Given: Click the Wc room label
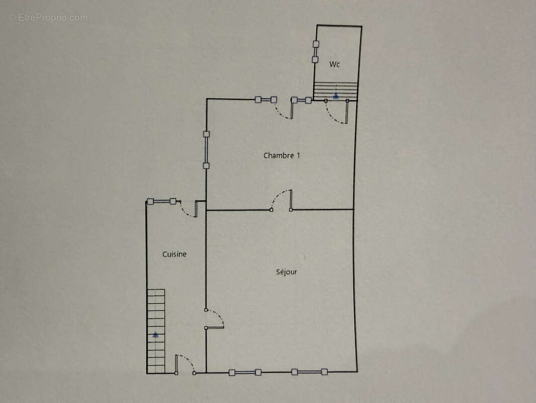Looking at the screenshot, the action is [x=334, y=64].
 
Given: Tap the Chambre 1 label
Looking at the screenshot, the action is [x=282, y=156].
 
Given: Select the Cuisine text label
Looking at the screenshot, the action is [x=174, y=254].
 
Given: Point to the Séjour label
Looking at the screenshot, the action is [x=287, y=272].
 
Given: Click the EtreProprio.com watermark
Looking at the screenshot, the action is [x=48, y=18].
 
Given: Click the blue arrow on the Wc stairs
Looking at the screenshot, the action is [x=336, y=96].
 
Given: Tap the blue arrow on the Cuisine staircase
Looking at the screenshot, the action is [x=155, y=334].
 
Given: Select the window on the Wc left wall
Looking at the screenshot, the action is [x=315, y=52].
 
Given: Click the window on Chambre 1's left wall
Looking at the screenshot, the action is [x=206, y=150].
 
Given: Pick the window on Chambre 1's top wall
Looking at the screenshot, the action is [x=266, y=100].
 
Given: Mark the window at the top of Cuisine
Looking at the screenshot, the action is [x=161, y=201].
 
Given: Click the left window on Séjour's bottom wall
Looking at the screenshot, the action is [x=245, y=372].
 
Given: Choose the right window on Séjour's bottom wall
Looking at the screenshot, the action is [x=309, y=372].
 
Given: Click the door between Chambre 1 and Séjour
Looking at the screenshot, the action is [x=282, y=200].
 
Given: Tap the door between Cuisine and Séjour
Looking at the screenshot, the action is [x=214, y=319].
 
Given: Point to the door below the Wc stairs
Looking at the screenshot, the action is [x=337, y=112].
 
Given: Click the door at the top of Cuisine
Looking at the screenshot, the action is [x=189, y=209].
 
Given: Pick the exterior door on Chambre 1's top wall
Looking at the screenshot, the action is [x=285, y=109].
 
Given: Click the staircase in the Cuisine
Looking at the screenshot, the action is [x=156, y=331].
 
